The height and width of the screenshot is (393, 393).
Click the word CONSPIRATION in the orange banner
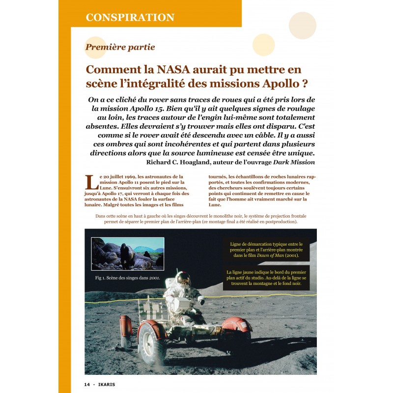[130, 18]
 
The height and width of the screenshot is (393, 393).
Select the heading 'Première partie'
[120, 47]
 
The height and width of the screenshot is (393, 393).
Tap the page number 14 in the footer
[86, 384]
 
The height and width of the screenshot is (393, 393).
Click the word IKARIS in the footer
[107, 384]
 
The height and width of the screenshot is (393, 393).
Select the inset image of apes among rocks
[128, 253]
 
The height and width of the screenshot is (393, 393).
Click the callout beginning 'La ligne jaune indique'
[266, 278]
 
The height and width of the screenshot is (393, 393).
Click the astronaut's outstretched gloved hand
[201, 298]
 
